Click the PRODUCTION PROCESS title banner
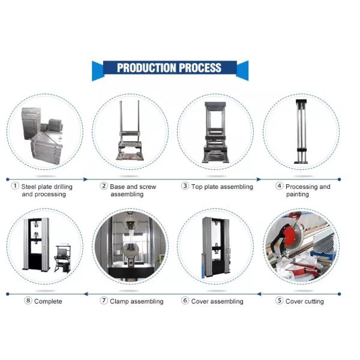pos(170,68)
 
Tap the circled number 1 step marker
pos(15,187)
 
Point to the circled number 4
pos(279,187)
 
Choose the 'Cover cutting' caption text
pos(304,301)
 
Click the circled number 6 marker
pos(185,301)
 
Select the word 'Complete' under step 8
pos(48,301)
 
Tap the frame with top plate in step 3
pos(215,132)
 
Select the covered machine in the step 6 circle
pos(215,247)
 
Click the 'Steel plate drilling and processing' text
pos(47,190)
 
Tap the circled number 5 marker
pos(279,301)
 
